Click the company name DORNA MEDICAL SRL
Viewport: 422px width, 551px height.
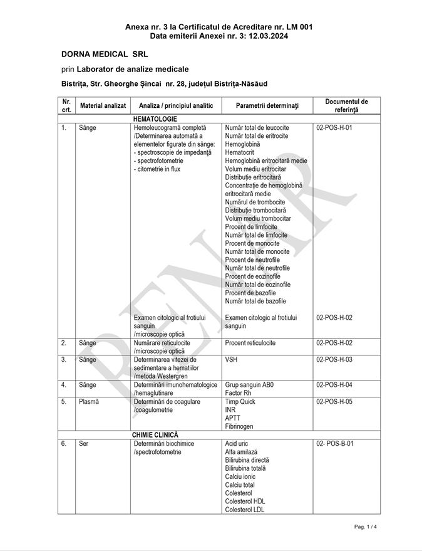105,55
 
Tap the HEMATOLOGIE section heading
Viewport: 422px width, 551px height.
155,118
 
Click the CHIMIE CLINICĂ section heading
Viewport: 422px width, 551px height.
155,434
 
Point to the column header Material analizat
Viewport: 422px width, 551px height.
103,105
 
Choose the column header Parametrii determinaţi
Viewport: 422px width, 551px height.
268,105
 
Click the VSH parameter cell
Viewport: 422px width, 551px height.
232,360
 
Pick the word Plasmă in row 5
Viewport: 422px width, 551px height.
89,402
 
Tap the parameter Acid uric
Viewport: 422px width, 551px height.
237,444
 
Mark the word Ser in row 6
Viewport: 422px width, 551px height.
83,444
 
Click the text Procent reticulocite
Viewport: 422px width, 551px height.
250,343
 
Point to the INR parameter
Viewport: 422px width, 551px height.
230,410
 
